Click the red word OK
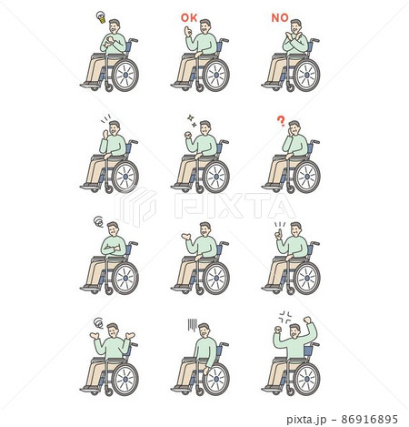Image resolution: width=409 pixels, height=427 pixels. click(189, 18)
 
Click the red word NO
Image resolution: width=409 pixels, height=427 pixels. click(280, 18)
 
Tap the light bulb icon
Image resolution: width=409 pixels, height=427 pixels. click(101, 17)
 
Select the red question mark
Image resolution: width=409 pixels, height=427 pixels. click(281, 121)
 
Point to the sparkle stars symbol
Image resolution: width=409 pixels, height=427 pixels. click(192, 120)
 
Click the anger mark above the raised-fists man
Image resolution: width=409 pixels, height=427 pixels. click(285, 317)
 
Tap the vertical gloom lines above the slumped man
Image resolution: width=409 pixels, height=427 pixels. click(193, 325)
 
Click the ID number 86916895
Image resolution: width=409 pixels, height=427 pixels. click(369, 419)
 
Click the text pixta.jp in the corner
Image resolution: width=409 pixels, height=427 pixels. click(306, 420)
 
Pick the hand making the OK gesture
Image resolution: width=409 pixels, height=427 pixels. click(188, 31)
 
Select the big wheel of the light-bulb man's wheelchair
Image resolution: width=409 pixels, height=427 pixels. click(125, 75)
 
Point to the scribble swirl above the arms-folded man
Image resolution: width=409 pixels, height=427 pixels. click(98, 221)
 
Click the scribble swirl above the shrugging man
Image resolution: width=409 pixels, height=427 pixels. click(98, 323)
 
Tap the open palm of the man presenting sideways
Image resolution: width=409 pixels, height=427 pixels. click(185, 236)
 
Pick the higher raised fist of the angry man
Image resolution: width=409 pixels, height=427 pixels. click(307, 320)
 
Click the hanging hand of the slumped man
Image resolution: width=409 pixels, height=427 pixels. click(206, 371)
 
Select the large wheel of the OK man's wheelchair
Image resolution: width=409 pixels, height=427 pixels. click(216, 75)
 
